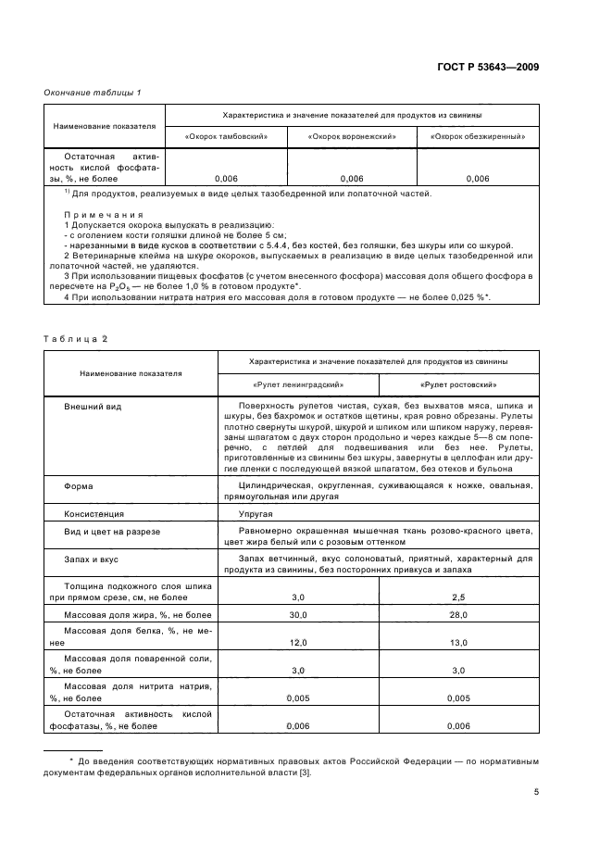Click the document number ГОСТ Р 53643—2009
pos(487,68)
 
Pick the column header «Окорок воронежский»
pos(353,136)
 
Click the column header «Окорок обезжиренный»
pos(478,136)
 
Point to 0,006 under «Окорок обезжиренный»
pos(478,178)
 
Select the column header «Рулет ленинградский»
pos(298,383)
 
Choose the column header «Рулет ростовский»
pos(458,383)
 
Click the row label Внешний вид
pos(94,407)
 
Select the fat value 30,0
pos(298,615)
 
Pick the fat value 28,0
pos(458,615)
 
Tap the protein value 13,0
pos(458,642)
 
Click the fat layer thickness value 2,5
pos(458,597)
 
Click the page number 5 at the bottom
pos(536,791)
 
